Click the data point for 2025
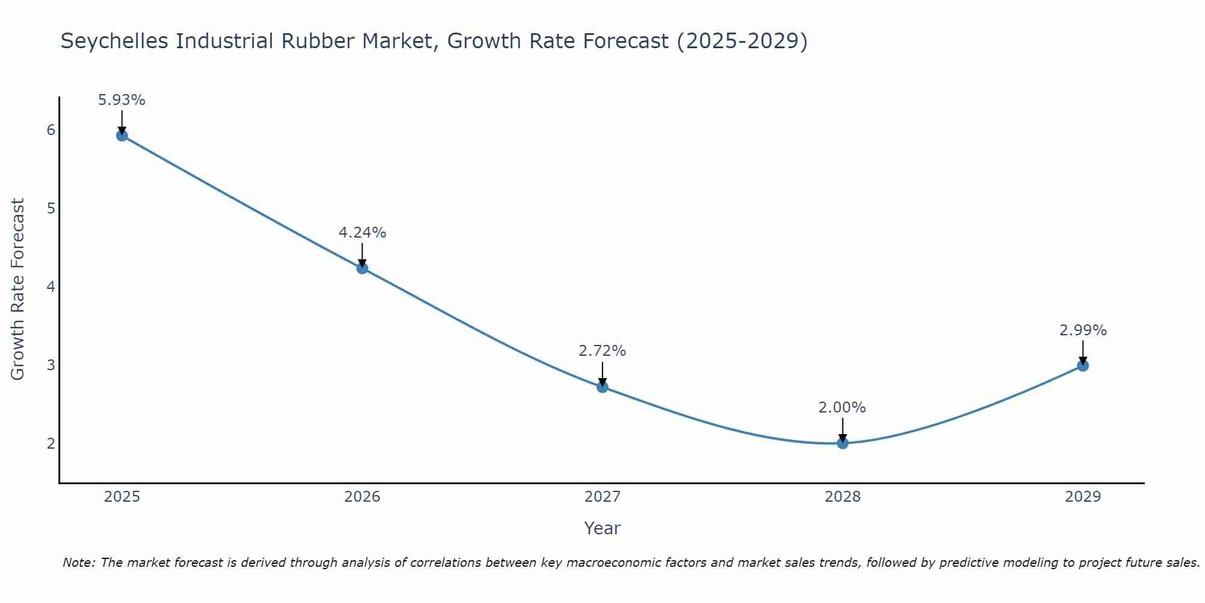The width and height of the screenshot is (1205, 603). pos(122,136)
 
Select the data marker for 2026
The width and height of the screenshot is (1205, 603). pos(362,268)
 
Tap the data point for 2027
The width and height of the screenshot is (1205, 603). pos(602,387)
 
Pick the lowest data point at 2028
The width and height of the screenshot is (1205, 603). pos(842,443)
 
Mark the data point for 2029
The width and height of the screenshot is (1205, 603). pos(1083,366)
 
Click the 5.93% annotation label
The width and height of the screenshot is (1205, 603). pos(122,100)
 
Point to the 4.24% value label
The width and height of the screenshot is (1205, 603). pos(362,233)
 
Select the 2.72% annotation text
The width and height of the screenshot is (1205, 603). pos(602,351)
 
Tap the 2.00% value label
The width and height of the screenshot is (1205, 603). pos(842,408)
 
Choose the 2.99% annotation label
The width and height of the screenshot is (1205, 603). pos(1083,330)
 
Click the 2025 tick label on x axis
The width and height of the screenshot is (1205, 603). pos(122,497)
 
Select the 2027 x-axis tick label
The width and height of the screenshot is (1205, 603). pos(602,497)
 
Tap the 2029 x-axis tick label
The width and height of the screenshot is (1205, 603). pos(1083,497)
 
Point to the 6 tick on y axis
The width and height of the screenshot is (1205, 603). pos(51,130)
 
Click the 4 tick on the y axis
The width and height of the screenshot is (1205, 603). pos(51,286)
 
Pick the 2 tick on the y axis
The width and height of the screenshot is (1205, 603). pos(51,443)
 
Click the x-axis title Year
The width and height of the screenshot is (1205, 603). pos(602,528)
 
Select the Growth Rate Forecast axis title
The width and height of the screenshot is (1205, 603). pos(18,289)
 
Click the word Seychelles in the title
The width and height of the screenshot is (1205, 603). pos(114,41)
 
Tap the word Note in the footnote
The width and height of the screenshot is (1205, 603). pos(78,563)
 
